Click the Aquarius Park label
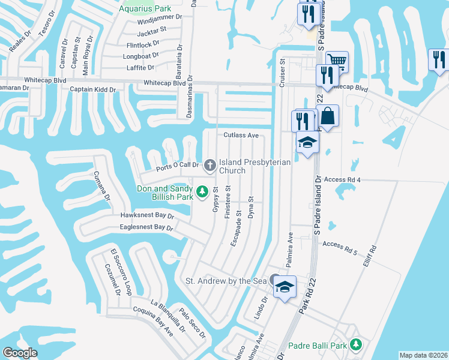coord(145,8)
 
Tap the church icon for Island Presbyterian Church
coord(210,164)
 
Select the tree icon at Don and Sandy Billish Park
coord(203,191)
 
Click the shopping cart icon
coord(337,61)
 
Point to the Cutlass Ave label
coord(241,136)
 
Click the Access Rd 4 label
coord(342,179)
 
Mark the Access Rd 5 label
coord(340,244)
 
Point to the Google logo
coord(20,352)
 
